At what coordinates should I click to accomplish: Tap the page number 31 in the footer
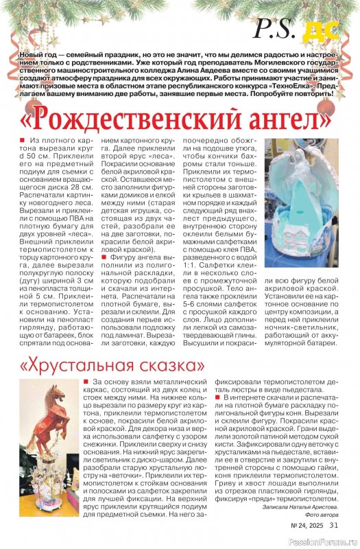click(333, 526)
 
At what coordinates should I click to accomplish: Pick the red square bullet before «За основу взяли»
click(85, 381)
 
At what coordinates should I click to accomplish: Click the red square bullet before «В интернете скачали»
click(218, 397)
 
